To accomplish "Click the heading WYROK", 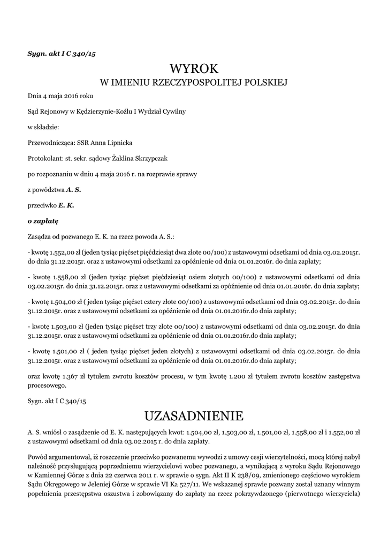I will tap(194, 69).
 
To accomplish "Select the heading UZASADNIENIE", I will tap(194, 416).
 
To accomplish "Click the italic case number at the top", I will tap(62, 53).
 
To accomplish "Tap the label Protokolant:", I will tap(45, 159).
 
